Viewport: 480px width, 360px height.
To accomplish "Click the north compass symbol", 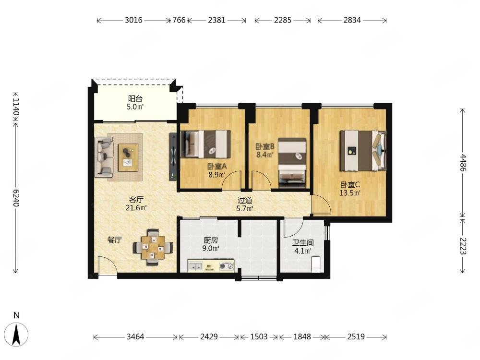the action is pos(16,333).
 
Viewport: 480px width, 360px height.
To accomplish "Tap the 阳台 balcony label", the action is pos(135,98).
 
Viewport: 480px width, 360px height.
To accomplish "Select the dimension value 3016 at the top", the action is pos(134,20).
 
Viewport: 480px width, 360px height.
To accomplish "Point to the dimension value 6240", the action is pos(16,198).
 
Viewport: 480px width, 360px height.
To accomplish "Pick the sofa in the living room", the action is pos(104,157).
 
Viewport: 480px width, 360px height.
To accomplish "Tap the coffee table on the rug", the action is pos(128,157).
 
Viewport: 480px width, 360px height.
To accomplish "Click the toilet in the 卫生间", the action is pos(316,264).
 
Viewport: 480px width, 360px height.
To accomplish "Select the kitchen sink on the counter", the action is pos(195,266).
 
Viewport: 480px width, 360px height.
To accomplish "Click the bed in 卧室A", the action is pos(205,144).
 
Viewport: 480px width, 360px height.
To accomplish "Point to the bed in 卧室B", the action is pos(292,163).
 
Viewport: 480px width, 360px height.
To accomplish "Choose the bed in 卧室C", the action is pos(363,151).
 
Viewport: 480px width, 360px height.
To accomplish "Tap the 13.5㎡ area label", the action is pos(350,193).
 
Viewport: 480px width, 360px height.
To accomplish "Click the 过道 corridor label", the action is pos(245,201).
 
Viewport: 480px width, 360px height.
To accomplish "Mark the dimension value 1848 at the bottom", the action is pos(302,337).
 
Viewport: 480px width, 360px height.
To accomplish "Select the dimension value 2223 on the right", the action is pos(463,246).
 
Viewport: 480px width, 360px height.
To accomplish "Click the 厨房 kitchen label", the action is pos(211,240).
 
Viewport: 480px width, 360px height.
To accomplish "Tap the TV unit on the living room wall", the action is pos(173,157).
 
